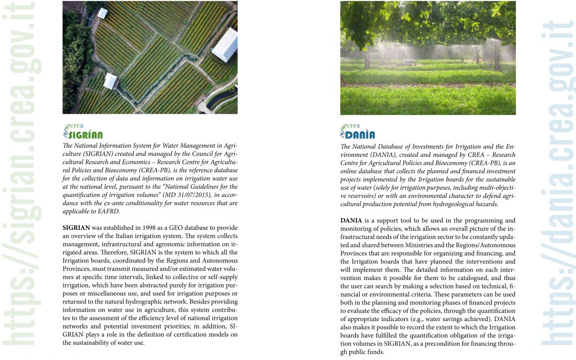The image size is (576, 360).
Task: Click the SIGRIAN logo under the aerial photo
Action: coord(83,131)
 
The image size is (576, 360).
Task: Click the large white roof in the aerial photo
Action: coord(226,44)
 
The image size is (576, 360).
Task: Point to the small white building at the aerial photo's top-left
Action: coord(102,13)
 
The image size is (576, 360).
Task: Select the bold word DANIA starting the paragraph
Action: coord(352,220)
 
